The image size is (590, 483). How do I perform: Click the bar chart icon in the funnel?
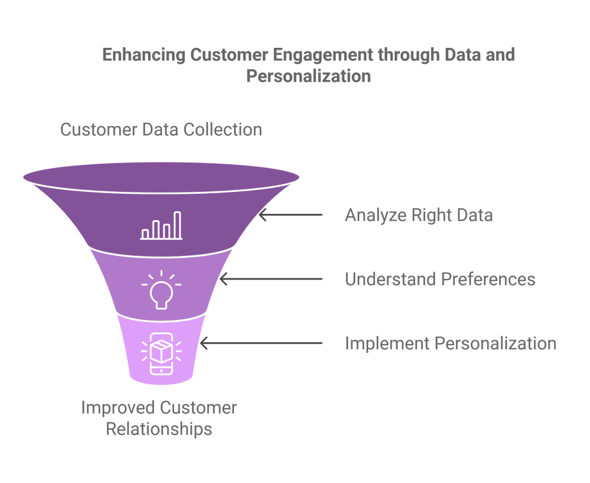click(161, 226)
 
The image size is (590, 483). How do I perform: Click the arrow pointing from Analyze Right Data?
click(290, 215)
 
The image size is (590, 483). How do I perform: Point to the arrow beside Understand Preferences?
click(271, 279)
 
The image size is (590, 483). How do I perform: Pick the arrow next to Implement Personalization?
click(260, 344)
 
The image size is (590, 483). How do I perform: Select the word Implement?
click(387, 344)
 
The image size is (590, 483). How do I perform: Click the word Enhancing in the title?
click(144, 55)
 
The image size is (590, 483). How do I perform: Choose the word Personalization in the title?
click(308, 76)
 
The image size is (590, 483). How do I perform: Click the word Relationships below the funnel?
click(159, 429)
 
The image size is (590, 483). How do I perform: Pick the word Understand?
click(390, 279)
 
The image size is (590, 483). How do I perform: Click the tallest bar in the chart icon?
click(177, 225)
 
